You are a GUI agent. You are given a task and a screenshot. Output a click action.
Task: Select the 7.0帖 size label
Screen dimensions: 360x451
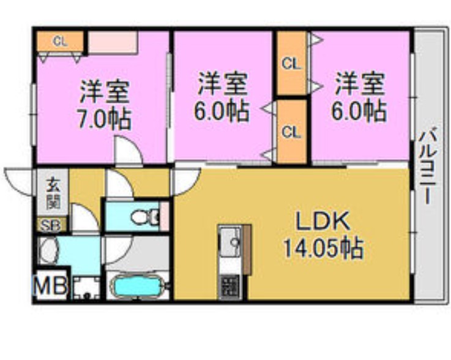105,118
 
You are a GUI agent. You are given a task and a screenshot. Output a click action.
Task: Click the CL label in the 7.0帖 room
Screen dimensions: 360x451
59,42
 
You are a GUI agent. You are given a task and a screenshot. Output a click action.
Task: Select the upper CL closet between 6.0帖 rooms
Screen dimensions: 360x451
291,63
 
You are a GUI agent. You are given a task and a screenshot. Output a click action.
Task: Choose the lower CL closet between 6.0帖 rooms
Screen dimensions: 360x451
291,132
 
